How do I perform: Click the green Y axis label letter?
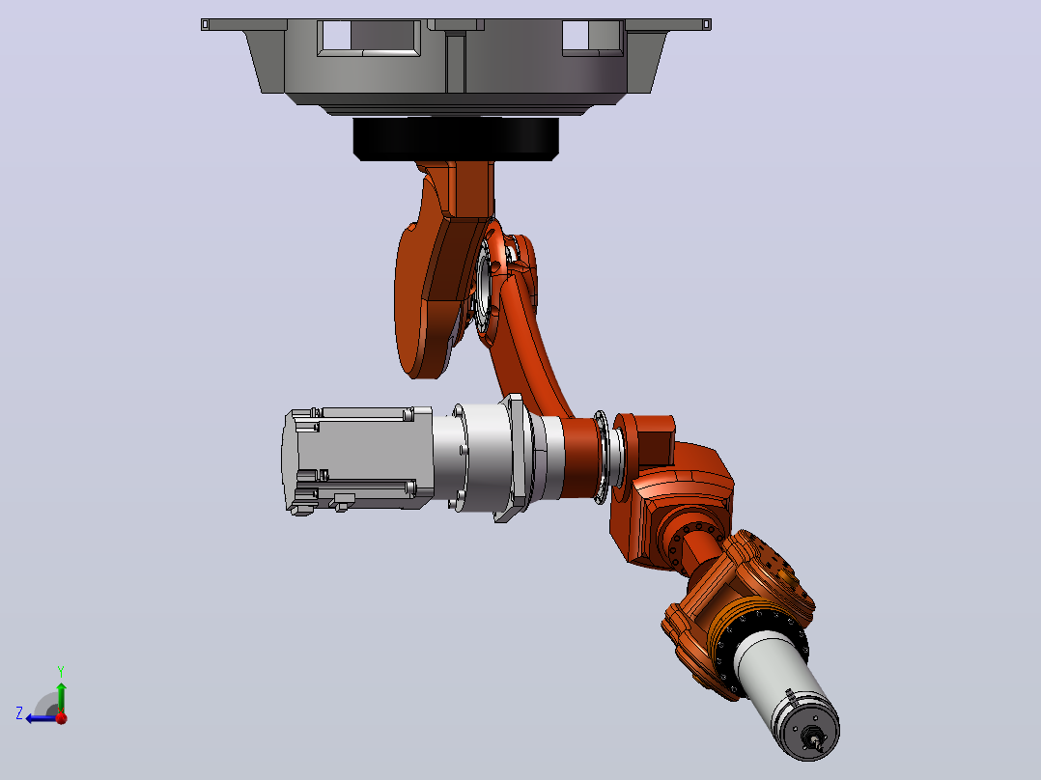[61, 671]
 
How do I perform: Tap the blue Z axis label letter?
[19, 713]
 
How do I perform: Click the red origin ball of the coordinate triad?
[61, 717]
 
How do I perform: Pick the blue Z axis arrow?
[42, 718]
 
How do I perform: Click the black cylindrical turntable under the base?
[456, 139]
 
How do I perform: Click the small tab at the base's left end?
[205, 24]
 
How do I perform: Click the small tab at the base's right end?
[707, 24]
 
